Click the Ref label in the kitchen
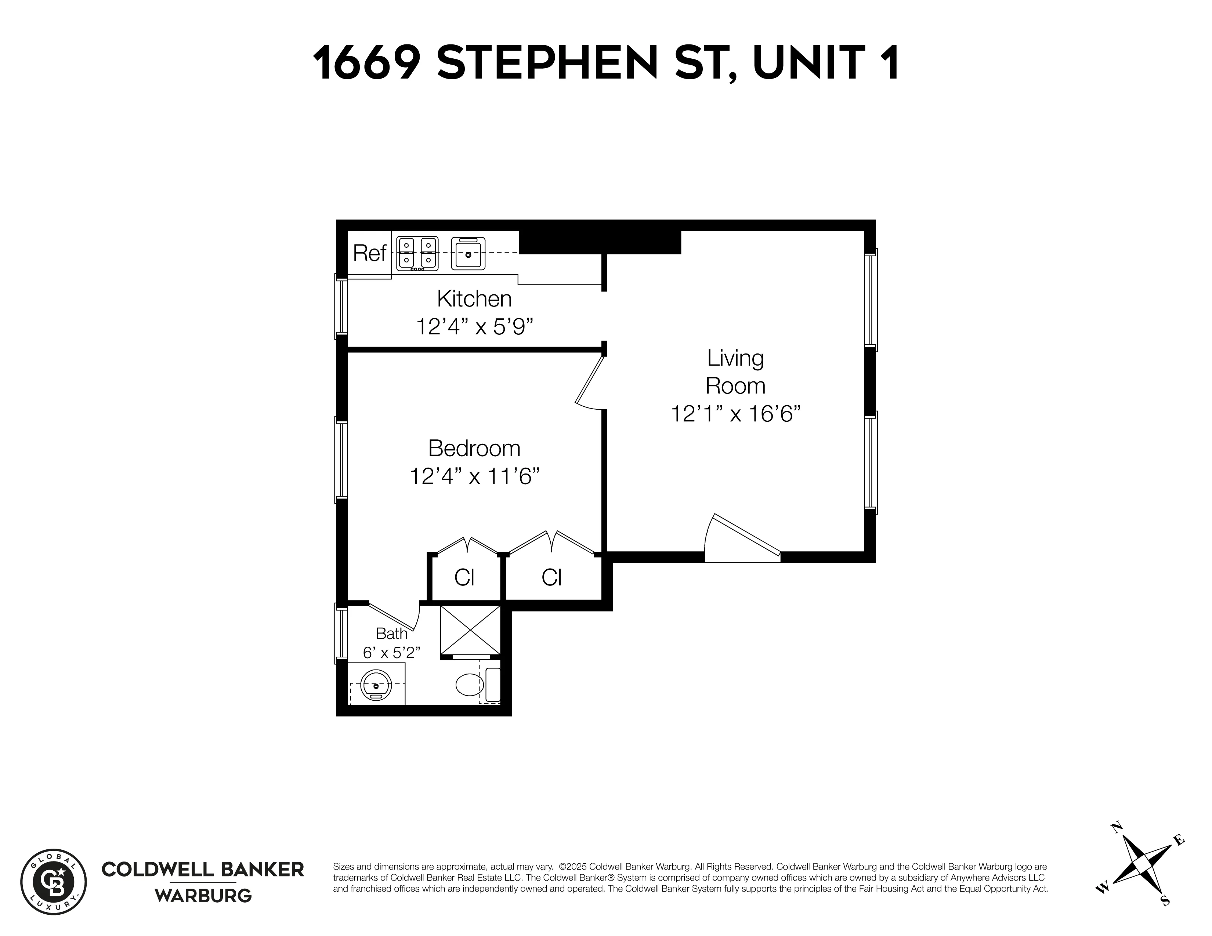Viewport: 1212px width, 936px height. click(369, 254)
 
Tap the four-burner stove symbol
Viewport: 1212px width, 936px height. click(417, 254)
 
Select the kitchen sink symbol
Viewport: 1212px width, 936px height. click(468, 254)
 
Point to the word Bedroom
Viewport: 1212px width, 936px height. click(474, 448)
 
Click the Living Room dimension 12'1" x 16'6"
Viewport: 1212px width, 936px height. click(735, 414)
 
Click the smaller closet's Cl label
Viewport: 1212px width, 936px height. click(464, 578)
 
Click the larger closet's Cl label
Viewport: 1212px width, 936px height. click(551, 578)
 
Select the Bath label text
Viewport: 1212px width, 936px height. click(392, 634)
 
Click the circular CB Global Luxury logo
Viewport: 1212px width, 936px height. click(53, 882)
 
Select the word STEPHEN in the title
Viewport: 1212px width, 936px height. click(547, 63)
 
